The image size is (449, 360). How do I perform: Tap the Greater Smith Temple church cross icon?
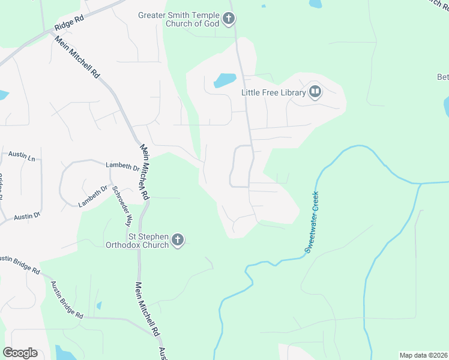[x=228, y=19]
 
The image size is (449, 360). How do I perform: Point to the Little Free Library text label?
[x=273, y=92]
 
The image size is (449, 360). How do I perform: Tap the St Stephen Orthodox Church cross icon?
[x=177, y=240]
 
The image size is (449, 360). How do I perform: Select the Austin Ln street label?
[x=22, y=156]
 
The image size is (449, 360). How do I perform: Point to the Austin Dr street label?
[x=27, y=215]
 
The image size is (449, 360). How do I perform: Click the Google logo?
[x=20, y=353]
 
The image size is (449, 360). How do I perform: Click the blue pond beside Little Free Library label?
[x=224, y=80]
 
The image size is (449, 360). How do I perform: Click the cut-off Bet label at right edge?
[x=442, y=77]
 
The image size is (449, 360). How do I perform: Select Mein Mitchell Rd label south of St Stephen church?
[x=146, y=308]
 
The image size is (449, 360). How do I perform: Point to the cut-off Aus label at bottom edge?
[x=161, y=355]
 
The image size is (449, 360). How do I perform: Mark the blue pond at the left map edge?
[x=3, y=95]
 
